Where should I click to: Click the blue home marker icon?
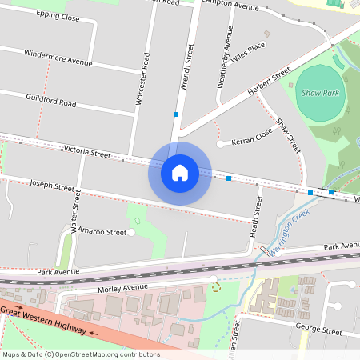tap(180, 173)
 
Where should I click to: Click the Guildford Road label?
tap(50, 102)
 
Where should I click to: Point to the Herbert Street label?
tap(269, 82)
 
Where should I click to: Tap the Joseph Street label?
tap(52, 185)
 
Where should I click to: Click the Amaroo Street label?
tap(105, 232)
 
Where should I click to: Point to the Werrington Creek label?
tap(288, 236)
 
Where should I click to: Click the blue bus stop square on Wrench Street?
tap(175, 114)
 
